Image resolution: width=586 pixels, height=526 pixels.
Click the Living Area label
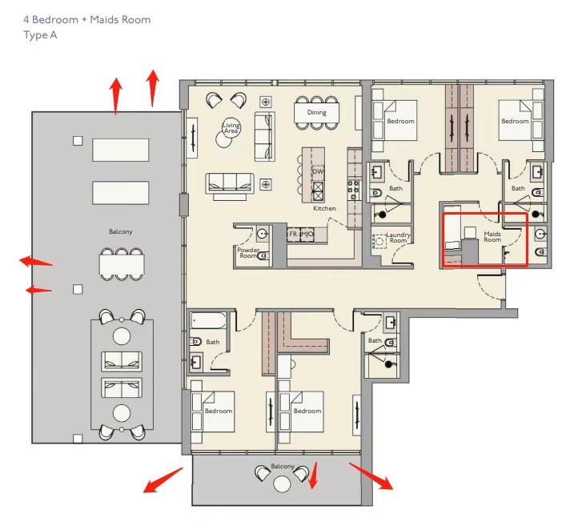pyautogui.click(x=231, y=128)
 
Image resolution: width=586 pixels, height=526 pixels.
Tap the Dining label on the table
pyautogui.click(x=316, y=112)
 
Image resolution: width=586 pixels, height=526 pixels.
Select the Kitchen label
pyautogui.click(x=324, y=208)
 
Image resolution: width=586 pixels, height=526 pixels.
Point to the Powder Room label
pyautogui.click(x=248, y=253)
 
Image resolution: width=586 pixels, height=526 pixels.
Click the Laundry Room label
pyautogui.click(x=398, y=238)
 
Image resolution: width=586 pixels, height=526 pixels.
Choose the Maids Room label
pyautogui.click(x=492, y=237)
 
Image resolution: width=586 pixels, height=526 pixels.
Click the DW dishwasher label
pyautogui.click(x=318, y=171)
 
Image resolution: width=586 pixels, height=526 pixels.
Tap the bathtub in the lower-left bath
pyautogui.click(x=208, y=321)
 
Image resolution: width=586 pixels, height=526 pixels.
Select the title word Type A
pyautogui.click(x=40, y=35)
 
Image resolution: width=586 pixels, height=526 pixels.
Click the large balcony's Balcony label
pyautogui.click(x=120, y=232)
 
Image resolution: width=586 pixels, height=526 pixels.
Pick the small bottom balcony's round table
pyautogui.click(x=282, y=484)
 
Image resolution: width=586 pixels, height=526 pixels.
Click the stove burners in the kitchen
pyautogui.click(x=354, y=190)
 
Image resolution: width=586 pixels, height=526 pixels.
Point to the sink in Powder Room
pyautogui.click(x=263, y=234)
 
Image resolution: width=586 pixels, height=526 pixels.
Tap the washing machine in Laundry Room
pyautogui.click(x=379, y=241)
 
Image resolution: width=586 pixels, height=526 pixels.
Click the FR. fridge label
pyautogui.click(x=294, y=234)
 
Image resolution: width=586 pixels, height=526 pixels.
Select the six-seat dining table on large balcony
pyautogui.click(x=122, y=265)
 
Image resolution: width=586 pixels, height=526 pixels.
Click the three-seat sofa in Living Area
pyautogui.click(x=230, y=183)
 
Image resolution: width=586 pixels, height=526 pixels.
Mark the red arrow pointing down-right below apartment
pyautogui.click(x=371, y=476)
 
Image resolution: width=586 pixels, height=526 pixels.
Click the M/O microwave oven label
pyautogui.click(x=307, y=234)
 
